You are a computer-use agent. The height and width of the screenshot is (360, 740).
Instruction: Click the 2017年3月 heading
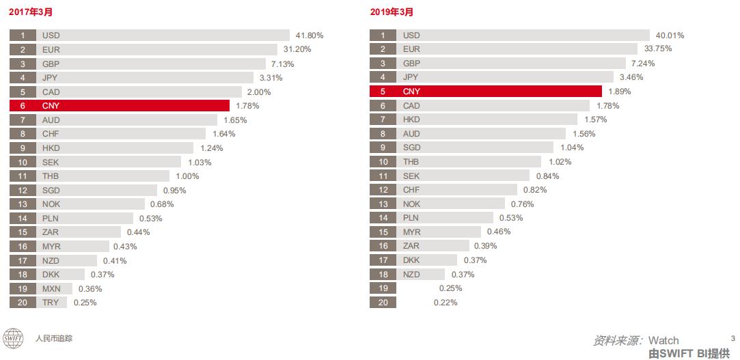[31, 12]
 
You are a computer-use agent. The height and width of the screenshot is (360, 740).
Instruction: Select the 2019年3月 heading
[392, 12]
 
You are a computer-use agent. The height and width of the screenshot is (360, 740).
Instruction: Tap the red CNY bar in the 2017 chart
[120, 105]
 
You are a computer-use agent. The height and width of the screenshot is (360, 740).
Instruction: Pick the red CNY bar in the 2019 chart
[486, 92]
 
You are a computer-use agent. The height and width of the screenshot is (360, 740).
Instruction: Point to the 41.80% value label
[310, 35]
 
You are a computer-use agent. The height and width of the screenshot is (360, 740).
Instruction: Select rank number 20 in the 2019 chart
[383, 303]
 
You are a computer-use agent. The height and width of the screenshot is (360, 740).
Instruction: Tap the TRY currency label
[50, 303]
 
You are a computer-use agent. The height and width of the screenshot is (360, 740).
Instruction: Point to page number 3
[732, 337]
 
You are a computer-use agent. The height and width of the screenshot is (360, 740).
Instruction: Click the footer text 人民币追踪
[54, 338]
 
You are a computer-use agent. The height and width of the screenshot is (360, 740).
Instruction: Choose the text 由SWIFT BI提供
[689, 353]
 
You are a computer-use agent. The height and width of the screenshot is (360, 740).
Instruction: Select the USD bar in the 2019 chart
[510, 35]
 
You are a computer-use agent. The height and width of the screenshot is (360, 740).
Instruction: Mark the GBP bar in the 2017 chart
[137, 64]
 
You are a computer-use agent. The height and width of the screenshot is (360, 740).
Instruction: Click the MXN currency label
[51, 288]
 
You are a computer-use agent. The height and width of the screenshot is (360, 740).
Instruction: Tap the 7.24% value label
[643, 64]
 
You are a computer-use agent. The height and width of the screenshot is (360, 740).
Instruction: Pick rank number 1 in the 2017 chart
[23, 35]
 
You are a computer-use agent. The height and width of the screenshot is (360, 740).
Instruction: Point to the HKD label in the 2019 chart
[411, 120]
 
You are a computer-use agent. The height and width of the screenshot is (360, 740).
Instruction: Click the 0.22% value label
[446, 303]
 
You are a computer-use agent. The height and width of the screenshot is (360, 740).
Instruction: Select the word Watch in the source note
[663, 340]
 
